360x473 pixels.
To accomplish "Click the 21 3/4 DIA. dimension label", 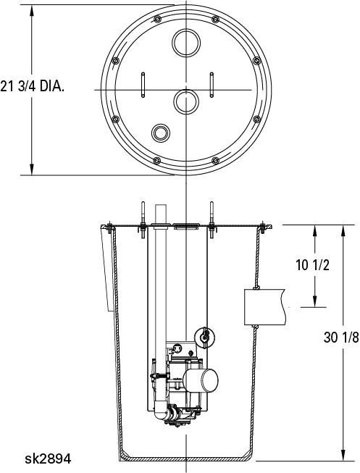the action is click(x=33, y=87).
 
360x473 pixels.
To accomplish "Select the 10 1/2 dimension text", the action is click(x=312, y=265).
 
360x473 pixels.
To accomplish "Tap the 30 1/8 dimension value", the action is click(x=341, y=338).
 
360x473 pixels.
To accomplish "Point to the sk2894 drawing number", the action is click(x=48, y=459).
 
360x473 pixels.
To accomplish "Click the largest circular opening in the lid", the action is click(x=186, y=43).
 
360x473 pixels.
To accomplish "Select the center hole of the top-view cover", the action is click(x=185, y=101).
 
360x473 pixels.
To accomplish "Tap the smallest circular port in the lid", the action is click(x=161, y=133).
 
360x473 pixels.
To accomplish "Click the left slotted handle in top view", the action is click(x=143, y=85).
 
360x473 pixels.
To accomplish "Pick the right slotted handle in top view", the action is click(x=212, y=85).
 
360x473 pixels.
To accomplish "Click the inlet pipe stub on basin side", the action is click(x=264, y=307).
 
